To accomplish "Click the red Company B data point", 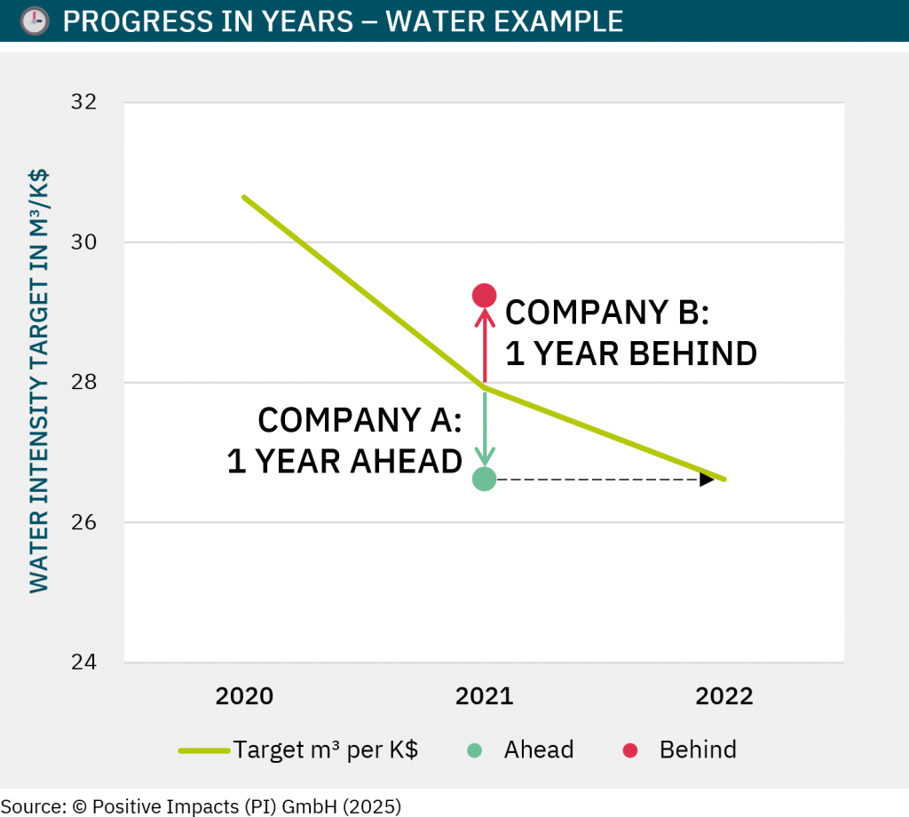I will tap(484, 295).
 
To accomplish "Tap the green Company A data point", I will tap(484, 480).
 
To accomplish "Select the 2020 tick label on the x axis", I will tap(244, 696).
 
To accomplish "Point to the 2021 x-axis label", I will tap(485, 696).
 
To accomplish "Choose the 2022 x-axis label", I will tap(724, 696).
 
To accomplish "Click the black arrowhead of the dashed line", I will tap(707, 480).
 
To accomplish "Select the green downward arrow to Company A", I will tap(485, 431).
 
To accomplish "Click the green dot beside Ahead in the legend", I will tap(475, 750).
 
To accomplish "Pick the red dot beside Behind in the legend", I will tap(630, 750).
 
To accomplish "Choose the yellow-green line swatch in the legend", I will tap(204, 750).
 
